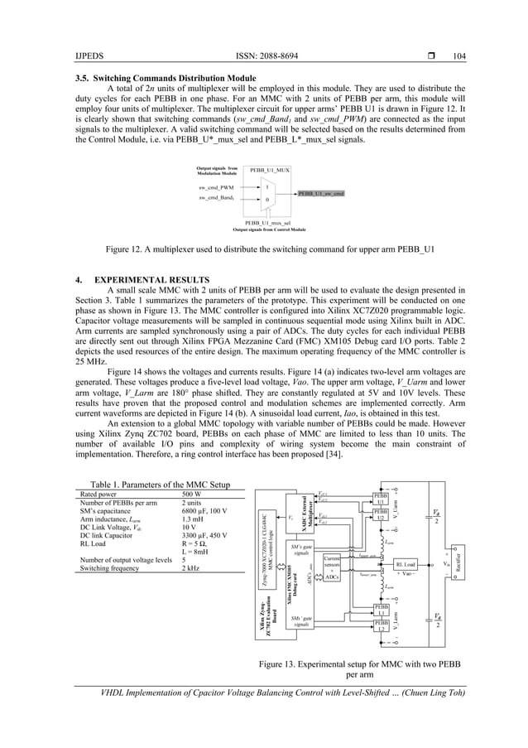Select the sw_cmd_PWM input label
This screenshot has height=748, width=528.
(216, 188)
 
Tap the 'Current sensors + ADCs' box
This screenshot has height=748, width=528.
(333, 567)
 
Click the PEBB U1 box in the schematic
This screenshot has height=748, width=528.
(381, 497)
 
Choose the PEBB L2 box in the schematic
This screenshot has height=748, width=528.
(381, 625)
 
